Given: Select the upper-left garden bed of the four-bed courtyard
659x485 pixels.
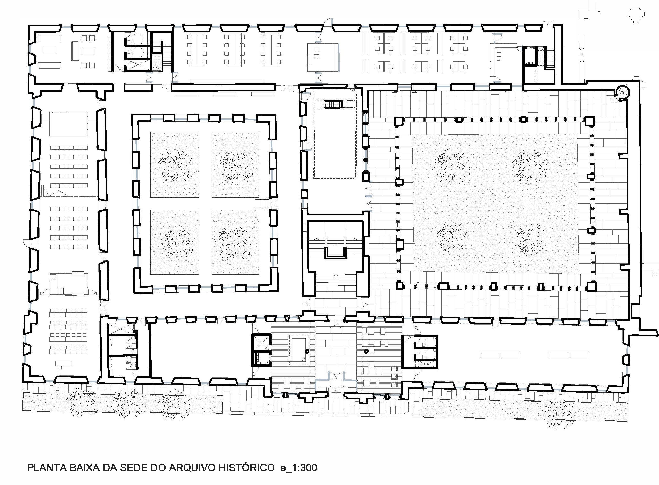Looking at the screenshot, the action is [x=175, y=165].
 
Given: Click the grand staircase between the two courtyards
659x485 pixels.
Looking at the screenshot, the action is [x=335, y=249].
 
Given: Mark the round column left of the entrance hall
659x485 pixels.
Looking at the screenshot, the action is [x=307, y=351].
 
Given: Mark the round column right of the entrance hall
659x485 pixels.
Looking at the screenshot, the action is [x=366, y=351].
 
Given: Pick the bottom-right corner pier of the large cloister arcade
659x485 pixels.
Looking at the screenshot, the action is [x=592, y=286].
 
